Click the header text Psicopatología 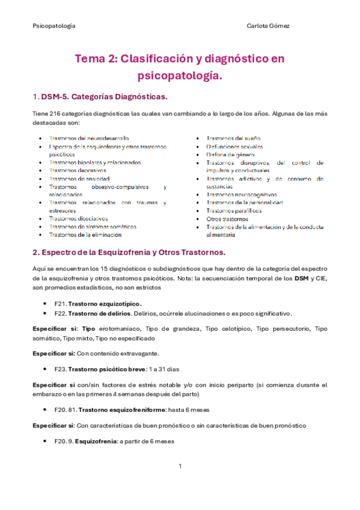tap(53, 26)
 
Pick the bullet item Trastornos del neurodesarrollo tap(89, 138)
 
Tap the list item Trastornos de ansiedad tap(79, 179)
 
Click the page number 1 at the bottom tap(180, 466)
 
